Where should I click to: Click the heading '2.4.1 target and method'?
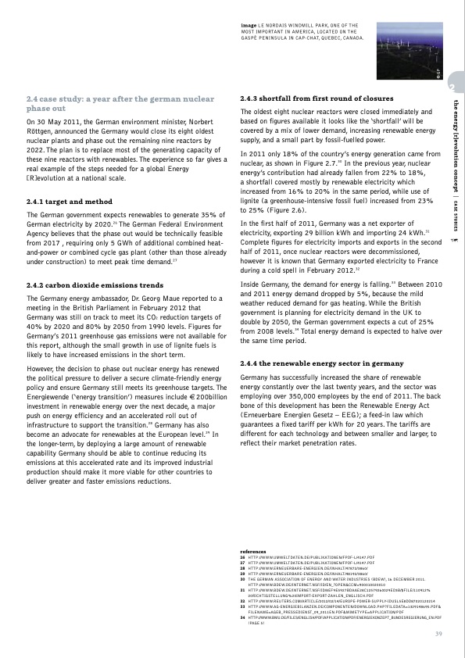[x=69, y=202]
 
